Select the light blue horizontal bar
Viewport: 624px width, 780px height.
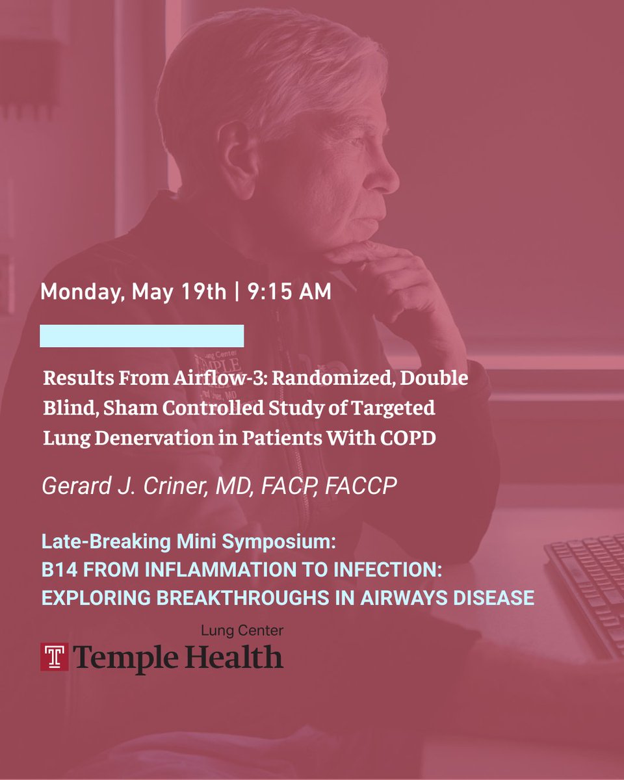142,336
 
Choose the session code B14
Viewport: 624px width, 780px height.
57,569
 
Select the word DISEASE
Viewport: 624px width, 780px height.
494,597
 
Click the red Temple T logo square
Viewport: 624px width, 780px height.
55,657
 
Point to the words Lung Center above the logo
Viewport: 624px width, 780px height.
242,630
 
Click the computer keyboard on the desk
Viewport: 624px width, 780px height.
585,585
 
